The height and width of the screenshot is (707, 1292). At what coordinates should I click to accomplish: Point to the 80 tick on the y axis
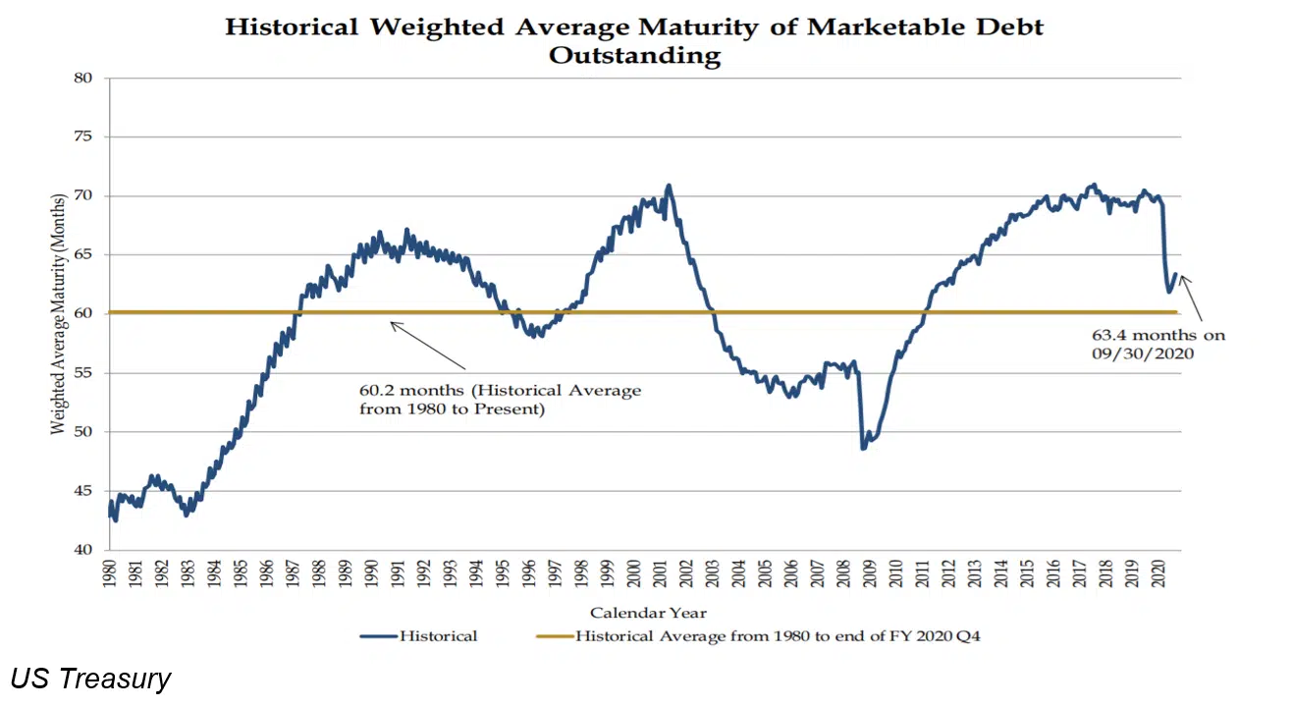point(86,78)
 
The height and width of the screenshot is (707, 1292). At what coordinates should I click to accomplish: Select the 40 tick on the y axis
point(86,550)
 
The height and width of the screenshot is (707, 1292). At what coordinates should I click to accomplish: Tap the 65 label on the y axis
point(86,255)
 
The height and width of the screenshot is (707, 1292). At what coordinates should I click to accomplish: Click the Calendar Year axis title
point(648,613)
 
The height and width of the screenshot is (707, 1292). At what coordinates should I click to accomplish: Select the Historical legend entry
point(419,636)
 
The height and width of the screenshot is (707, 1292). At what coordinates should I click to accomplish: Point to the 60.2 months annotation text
point(500,400)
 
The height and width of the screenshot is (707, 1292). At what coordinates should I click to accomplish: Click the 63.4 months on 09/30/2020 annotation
point(1145,345)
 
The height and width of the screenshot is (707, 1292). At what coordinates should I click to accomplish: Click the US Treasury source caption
point(90,679)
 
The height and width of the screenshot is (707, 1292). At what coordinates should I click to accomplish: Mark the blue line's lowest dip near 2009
point(863,448)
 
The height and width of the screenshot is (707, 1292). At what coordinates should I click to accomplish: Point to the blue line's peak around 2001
point(669,185)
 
